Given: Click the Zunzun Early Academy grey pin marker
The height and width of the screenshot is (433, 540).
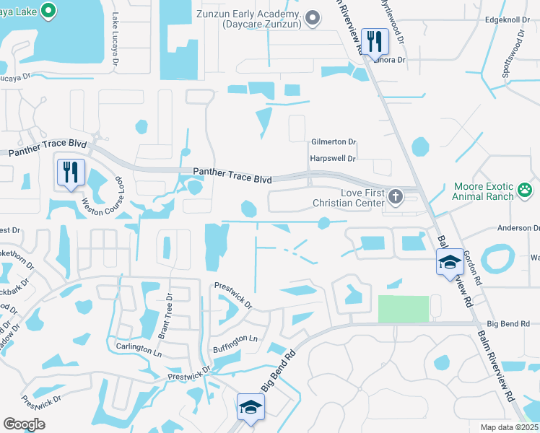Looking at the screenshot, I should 313,18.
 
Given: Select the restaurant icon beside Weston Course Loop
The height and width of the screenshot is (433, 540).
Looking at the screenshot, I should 70,172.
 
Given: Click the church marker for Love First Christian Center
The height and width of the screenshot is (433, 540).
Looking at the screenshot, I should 395,196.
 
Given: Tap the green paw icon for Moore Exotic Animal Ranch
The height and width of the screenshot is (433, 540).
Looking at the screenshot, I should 526,191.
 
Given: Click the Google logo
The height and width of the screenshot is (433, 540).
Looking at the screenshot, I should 24,424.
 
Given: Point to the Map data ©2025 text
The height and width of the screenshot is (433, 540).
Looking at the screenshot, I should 510,427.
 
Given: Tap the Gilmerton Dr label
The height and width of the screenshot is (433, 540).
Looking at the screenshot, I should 334,143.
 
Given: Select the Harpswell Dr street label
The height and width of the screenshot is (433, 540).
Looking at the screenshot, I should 333,158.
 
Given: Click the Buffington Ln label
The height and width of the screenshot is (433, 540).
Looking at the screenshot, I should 235,344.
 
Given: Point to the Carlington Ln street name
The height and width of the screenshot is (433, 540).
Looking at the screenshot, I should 139,348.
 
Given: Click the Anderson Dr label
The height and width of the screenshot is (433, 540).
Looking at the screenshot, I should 517,228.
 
